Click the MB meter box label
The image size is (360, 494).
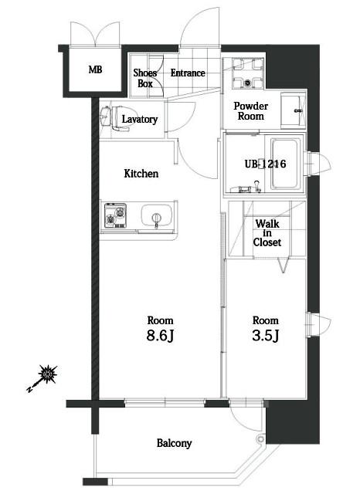coord(95,69)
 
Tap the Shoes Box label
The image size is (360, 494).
coord(145,78)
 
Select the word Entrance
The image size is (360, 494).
coord(188,73)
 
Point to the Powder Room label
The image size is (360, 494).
coord(251,111)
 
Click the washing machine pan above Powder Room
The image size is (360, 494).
coord(248,74)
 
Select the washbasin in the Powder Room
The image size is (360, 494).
coord(293,110)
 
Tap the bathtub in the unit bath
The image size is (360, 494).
coord(284,164)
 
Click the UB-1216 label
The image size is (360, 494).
coord(266,164)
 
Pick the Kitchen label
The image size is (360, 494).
coord(141,174)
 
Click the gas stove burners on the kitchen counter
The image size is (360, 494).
coord(115,215)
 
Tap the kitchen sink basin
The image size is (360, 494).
coord(157,215)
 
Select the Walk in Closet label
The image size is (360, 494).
coord(267,233)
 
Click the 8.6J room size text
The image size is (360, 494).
coord(161,337)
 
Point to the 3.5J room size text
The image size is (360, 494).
coord(266,336)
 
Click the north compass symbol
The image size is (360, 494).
coord(43,379)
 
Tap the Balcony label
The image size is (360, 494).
coord(175,443)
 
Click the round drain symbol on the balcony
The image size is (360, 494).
coord(260,438)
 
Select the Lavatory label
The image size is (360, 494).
coord(140,120)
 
